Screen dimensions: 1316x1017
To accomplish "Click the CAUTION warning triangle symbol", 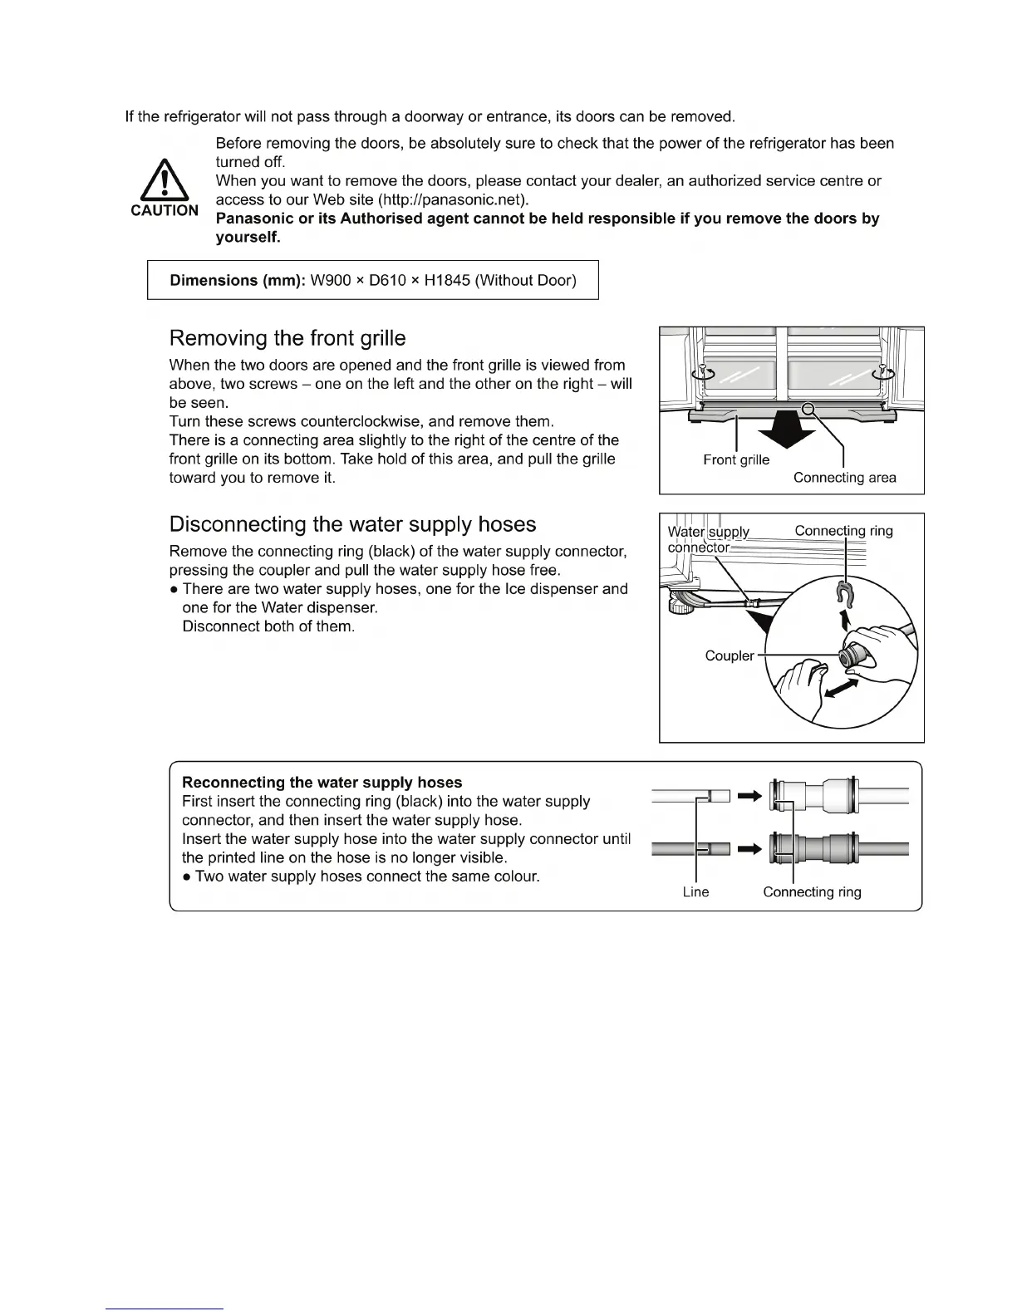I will point(164,180).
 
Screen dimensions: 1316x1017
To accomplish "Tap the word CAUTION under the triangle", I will point(165,210).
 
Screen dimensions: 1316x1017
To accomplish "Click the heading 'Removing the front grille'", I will point(287,338).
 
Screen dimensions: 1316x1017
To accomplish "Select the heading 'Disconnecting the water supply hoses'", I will point(352,524).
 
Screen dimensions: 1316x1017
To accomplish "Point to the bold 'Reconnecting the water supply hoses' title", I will point(322,783).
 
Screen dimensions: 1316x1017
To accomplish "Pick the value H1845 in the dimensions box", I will point(446,280).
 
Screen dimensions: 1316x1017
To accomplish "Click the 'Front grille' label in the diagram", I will point(736,459).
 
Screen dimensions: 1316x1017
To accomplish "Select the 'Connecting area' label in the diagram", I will point(844,478).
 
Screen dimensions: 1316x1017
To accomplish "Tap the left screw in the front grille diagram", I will point(703,372).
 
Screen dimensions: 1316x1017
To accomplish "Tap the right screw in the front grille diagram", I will point(882,371).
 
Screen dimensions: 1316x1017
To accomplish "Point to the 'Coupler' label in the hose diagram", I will point(729,656).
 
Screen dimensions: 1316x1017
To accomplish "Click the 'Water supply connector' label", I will point(708,539).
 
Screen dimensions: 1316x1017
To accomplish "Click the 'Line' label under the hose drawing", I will point(695,891).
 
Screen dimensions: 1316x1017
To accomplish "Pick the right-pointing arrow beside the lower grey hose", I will point(749,848).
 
